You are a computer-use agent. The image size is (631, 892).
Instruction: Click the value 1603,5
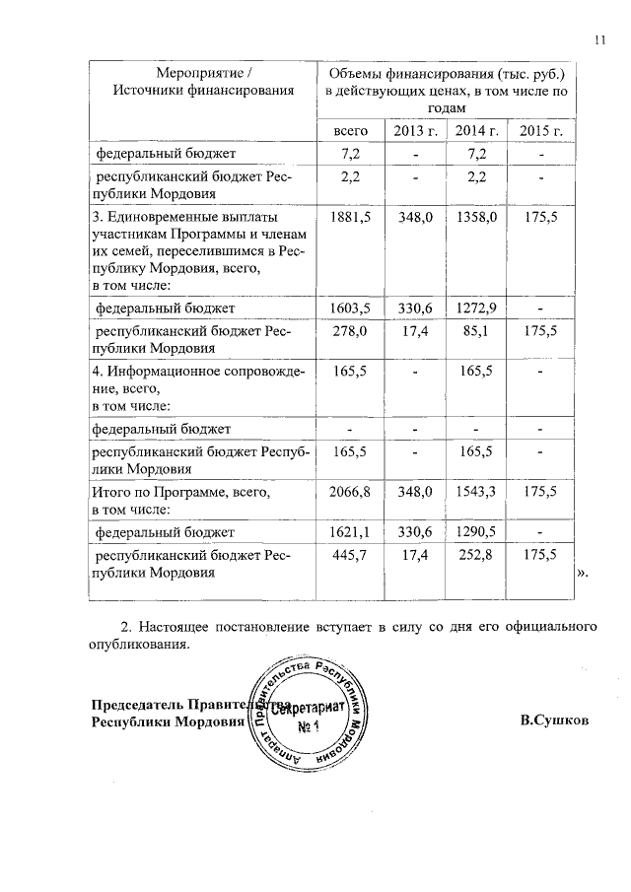(352, 309)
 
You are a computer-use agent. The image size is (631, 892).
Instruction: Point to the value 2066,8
(352, 490)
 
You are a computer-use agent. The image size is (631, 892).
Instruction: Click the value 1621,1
(352, 533)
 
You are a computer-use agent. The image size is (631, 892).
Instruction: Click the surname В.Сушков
(554, 720)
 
